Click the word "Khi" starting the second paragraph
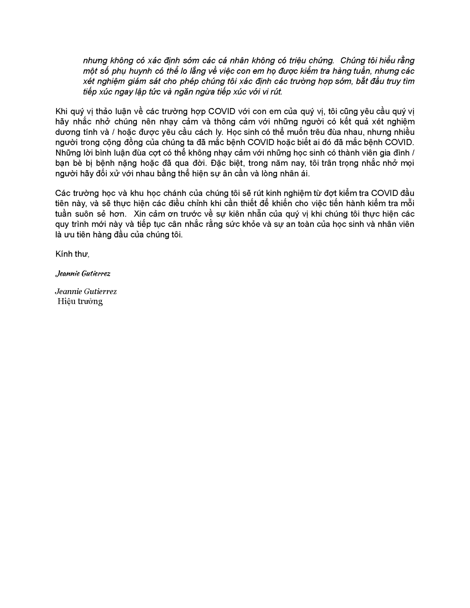coord(61,111)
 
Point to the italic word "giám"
coord(137,81)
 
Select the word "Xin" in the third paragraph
coord(141,214)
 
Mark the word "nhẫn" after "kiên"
coord(268,214)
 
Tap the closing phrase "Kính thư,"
coord(73,254)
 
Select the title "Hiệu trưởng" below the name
coord(80,301)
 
